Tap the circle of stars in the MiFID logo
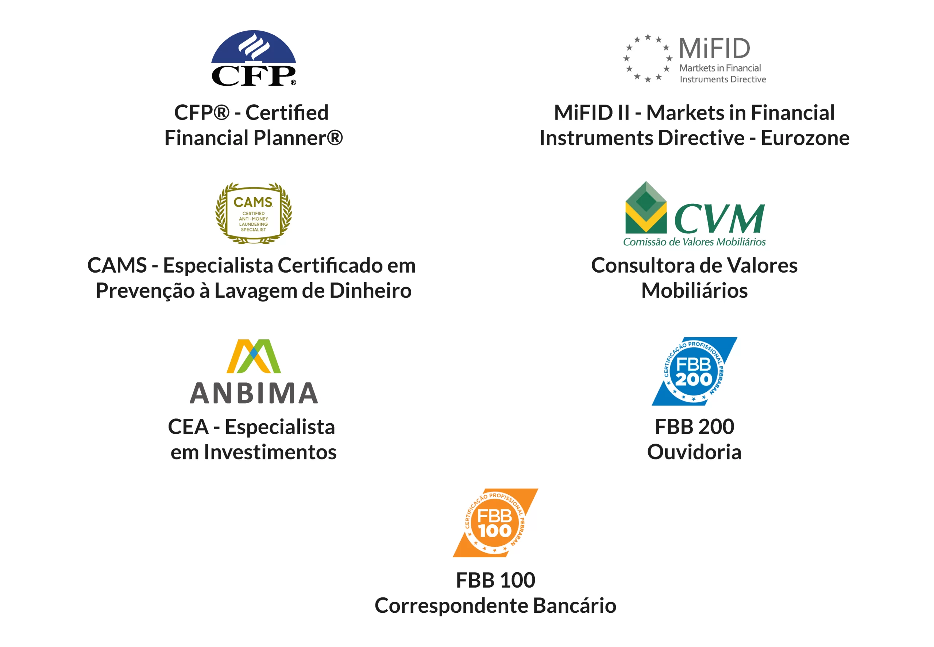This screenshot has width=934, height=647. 648,58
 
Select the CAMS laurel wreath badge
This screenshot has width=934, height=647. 253,213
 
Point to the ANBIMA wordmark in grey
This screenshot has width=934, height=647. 253,393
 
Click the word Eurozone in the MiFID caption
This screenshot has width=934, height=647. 804,138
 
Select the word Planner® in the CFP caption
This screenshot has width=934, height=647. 298,138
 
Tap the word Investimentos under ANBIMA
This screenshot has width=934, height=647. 270,452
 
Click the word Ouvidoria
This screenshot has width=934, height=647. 694,452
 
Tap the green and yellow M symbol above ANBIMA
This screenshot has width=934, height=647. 253,356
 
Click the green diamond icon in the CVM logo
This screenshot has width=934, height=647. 645,208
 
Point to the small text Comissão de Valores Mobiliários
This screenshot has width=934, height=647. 694,242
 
